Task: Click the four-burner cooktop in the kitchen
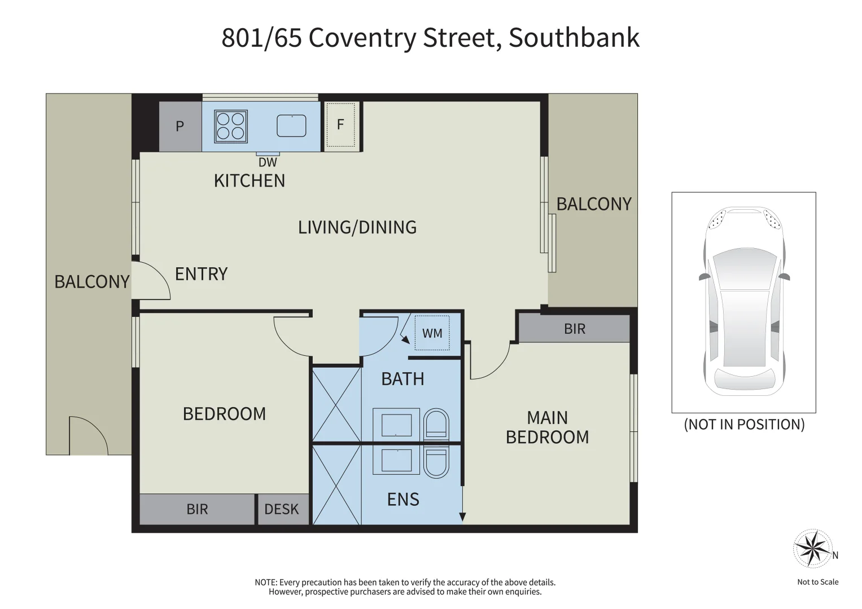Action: (231, 126)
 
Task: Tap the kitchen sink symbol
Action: (291, 126)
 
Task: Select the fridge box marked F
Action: (340, 125)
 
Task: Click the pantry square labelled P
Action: (180, 126)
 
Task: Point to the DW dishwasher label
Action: (268, 162)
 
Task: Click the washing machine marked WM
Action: (432, 333)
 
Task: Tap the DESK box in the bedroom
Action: (282, 509)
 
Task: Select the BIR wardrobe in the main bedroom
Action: (574, 329)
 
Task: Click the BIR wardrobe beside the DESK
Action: (197, 509)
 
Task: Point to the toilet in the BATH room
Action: (436, 423)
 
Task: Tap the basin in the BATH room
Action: (396, 424)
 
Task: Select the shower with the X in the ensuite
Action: (337, 484)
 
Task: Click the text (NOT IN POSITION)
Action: (744, 425)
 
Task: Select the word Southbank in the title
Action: (574, 38)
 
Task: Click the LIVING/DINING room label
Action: (357, 227)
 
